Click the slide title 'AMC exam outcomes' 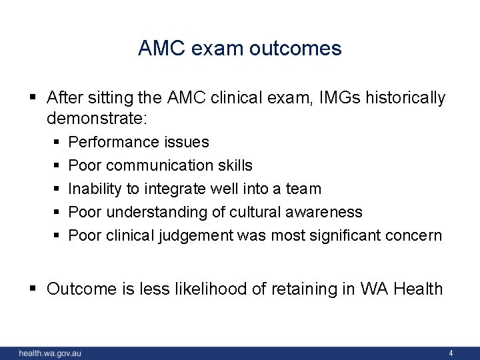[x=239, y=48]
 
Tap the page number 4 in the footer [x=451, y=353]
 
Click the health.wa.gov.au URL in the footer [x=50, y=353]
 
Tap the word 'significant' [x=341, y=235]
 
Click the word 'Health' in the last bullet [x=418, y=289]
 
